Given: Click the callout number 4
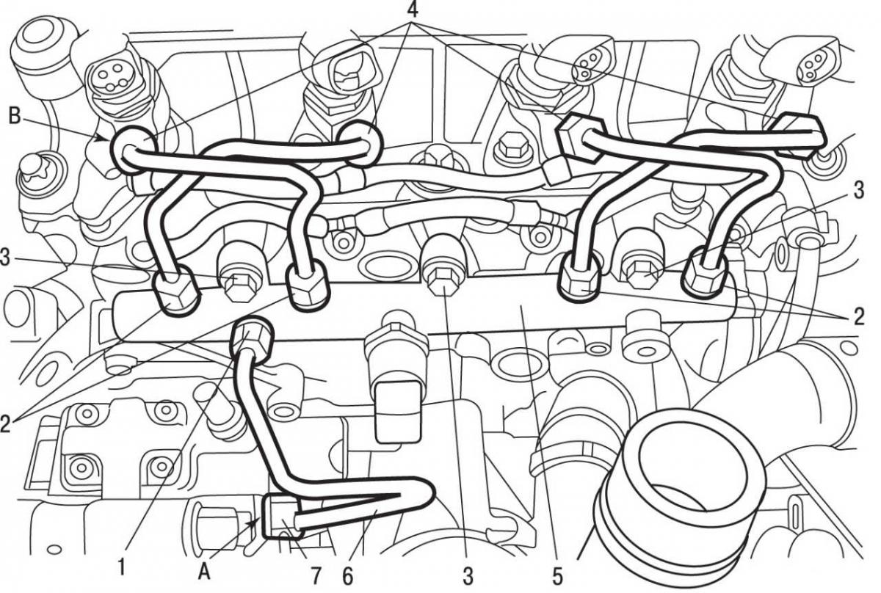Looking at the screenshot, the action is pos(411,10).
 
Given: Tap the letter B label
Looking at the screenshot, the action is pos(14,116).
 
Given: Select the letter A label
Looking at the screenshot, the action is pos(204,572).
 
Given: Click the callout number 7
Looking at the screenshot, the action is pos(316,576).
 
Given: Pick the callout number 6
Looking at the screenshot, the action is pos(348,576).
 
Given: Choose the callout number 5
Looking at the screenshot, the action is pos(557,576).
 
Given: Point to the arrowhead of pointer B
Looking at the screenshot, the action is pos(104,138).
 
